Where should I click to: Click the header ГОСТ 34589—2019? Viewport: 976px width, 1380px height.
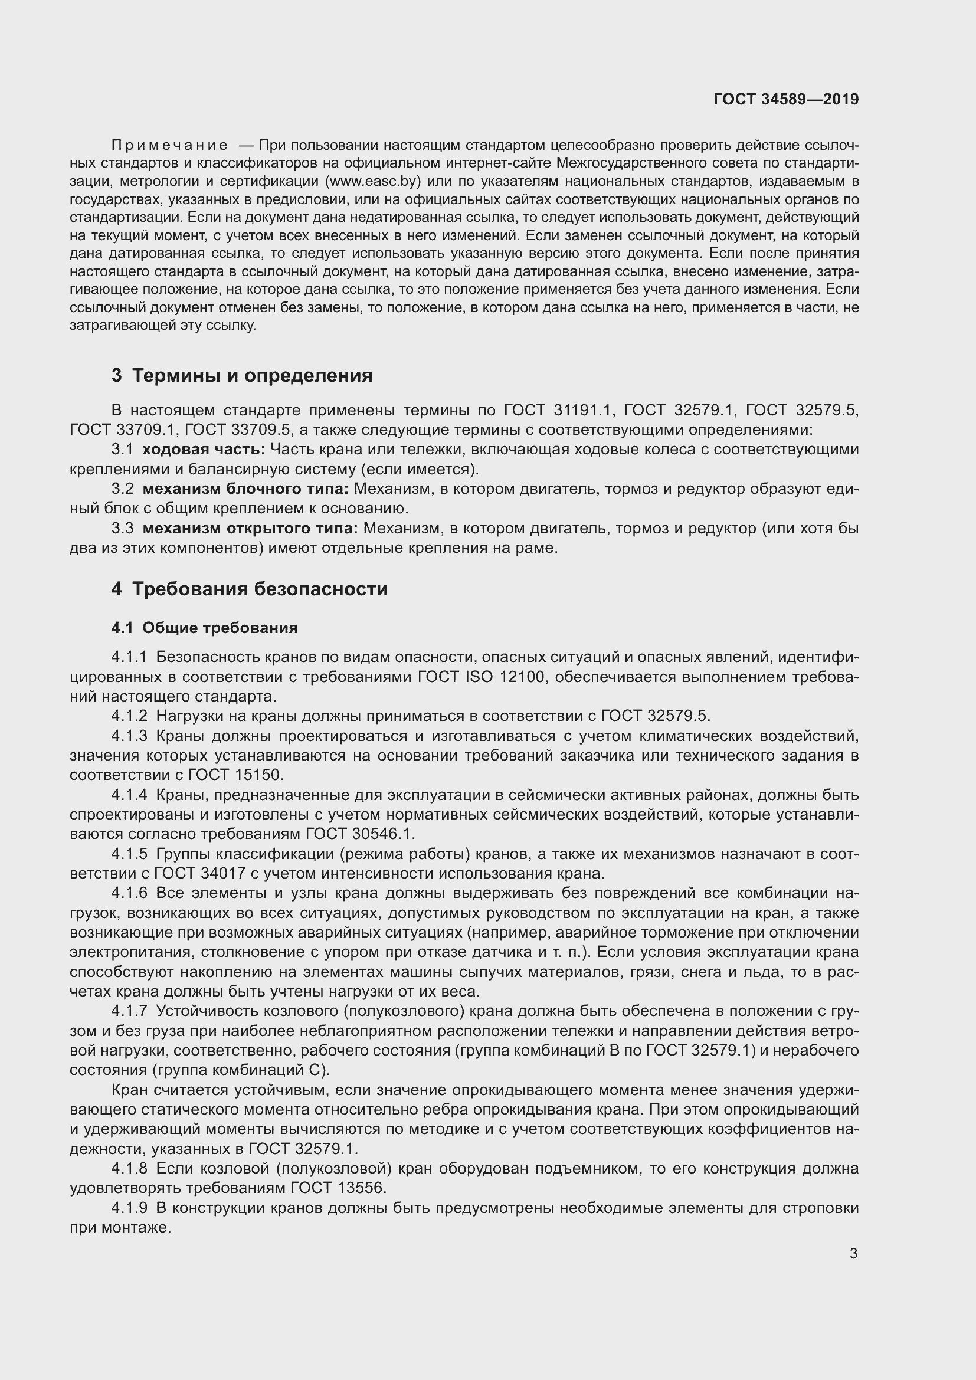click(786, 99)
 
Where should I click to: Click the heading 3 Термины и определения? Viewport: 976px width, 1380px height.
click(241, 376)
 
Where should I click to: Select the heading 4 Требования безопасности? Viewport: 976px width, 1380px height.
click(250, 588)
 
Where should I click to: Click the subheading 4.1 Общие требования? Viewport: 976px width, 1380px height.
click(204, 628)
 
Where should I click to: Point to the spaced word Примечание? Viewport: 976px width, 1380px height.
click(169, 146)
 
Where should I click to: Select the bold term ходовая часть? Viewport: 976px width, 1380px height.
click(203, 450)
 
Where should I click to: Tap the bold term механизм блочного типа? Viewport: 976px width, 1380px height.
click(245, 489)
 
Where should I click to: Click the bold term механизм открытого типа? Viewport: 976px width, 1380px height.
click(250, 529)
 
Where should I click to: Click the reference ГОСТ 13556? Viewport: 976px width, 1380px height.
click(338, 1188)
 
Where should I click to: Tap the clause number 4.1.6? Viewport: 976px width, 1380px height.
click(129, 894)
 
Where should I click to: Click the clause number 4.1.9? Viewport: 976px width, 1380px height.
click(129, 1208)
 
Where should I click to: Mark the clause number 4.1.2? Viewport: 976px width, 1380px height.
click(129, 716)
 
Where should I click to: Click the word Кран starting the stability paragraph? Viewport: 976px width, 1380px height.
click(130, 1090)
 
